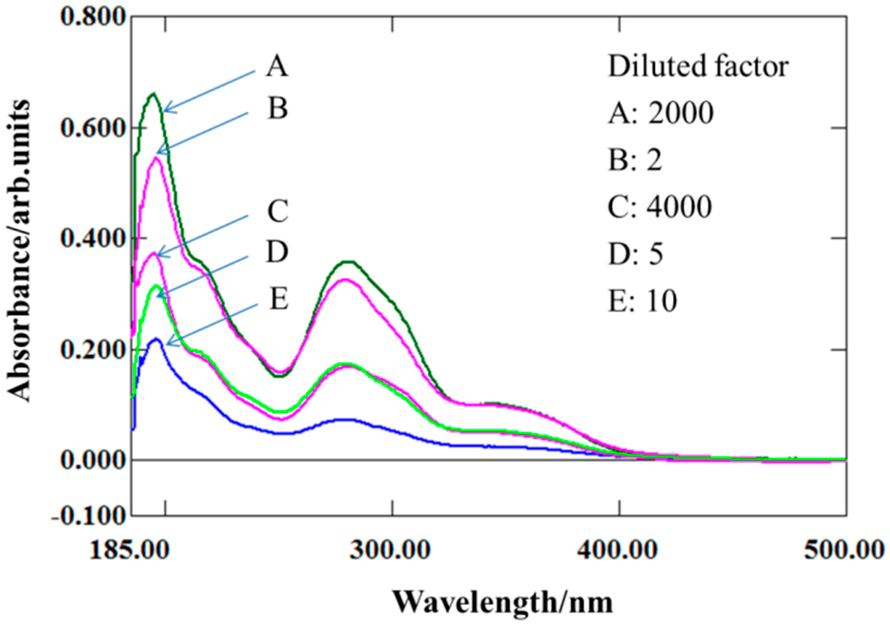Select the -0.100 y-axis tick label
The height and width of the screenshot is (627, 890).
[89, 515]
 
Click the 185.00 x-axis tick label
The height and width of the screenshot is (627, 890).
[129, 550]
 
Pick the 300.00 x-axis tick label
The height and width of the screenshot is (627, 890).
[391, 550]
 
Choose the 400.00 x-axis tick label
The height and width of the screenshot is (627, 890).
[618, 550]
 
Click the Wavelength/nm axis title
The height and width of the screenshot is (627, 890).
[503, 602]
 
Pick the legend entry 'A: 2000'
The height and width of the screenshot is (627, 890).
[661, 113]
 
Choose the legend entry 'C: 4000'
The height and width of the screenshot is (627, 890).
[660, 207]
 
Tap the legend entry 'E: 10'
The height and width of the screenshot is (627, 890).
[643, 301]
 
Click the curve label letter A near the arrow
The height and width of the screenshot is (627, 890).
[277, 66]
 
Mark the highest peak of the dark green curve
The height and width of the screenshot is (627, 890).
[153, 94]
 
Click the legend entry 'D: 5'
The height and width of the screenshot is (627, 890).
[636, 253]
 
